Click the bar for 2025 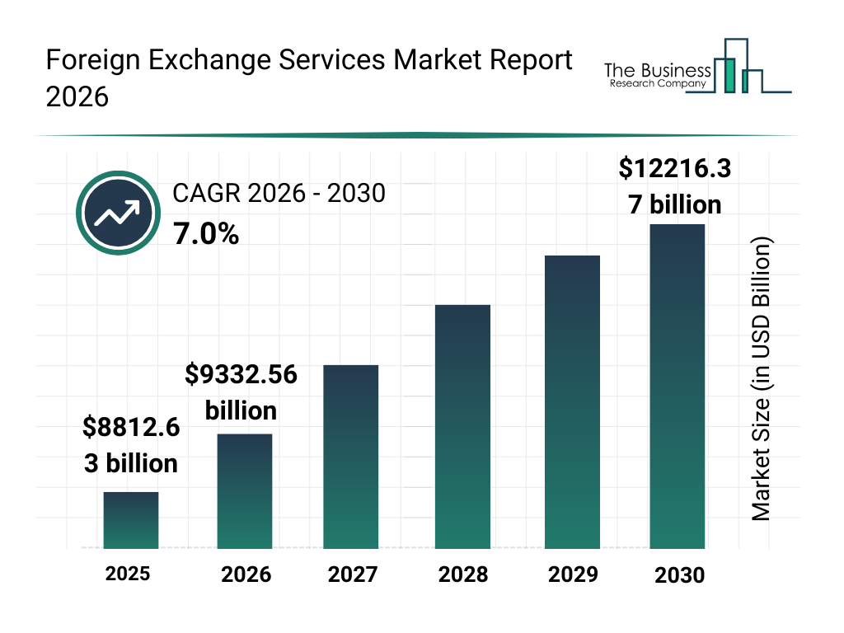click(130, 520)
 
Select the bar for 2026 click(244, 491)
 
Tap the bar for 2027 click(350, 457)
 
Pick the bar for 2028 click(462, 427)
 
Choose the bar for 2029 click(572, 402)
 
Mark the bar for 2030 click(678, 387)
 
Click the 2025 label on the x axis click(128, 573)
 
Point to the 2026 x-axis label click(246, 574)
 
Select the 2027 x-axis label click(353, 574)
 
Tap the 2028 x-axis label click(463, 574)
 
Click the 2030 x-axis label click(680, 574)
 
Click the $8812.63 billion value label click(131, 445)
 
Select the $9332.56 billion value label click(241, 392)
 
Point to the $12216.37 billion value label click(675, 186)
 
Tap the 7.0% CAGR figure click(206, 235)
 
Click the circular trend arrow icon click(117, 213)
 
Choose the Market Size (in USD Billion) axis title click(762, 380)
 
